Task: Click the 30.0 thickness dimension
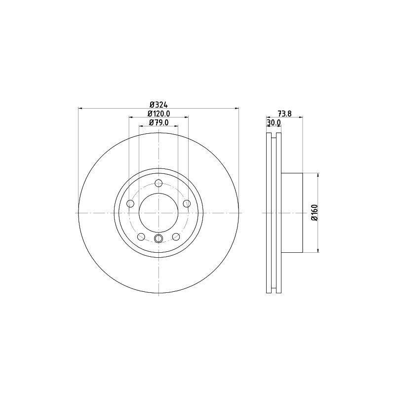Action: (274, 122)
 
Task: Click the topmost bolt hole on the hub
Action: (158, 184)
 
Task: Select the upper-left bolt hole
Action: (131, 203)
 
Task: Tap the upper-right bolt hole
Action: (187, 203)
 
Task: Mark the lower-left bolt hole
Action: (141, 237)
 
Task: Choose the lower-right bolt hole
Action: (176, 237)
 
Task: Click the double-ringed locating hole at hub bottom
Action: (158, 239)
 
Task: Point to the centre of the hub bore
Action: (158, 213)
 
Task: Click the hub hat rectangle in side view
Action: (291, 213)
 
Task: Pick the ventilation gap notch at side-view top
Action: (274, 136)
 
